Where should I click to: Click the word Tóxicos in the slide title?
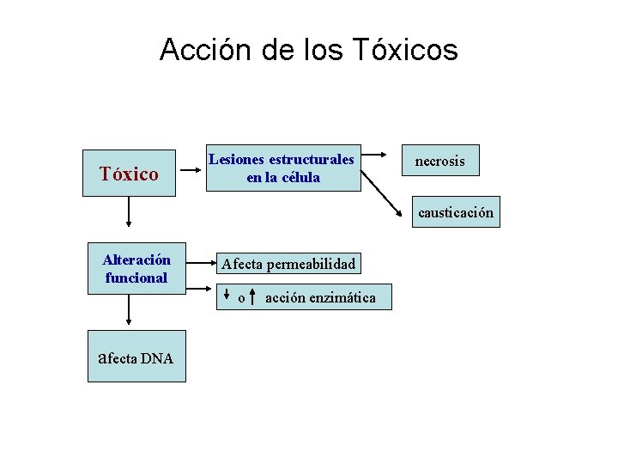click(x=404, y=50)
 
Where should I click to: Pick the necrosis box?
click(x=440, y=161)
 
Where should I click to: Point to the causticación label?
click(x=456, y=213)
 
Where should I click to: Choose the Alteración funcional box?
click(x=136, y=268)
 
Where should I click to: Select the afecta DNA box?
click(x=136, y=357)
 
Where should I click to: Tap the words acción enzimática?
click(x=320, y=297)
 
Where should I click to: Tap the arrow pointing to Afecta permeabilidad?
click(x=199, y=264)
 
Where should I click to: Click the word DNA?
click(x=157, y=358)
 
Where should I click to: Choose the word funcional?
click(x=136, y=278)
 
